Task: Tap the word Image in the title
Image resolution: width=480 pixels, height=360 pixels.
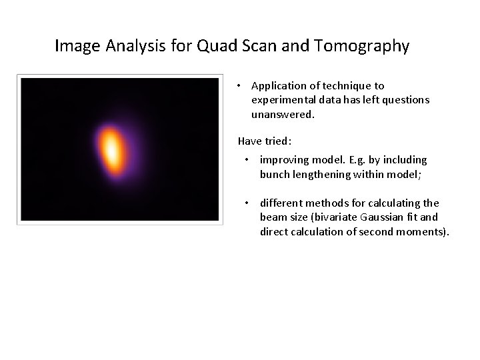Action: pos(76,46)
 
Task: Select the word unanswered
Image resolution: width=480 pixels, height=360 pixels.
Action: pos(282,115)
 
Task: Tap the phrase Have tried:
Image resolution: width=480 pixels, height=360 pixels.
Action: pos(265,141)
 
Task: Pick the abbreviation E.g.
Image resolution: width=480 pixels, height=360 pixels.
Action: pos(358,160)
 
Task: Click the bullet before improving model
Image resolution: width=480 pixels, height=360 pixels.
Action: pos(247,160)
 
